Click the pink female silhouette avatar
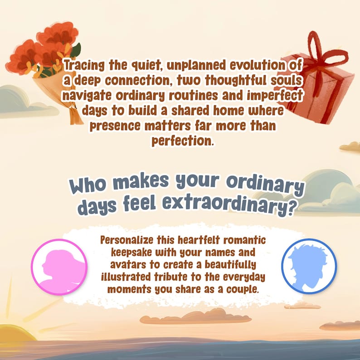[x=59, y=267]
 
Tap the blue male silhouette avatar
[x=309, y=266]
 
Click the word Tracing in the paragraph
[x=84, y=65]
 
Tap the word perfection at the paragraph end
[x=183, y=141]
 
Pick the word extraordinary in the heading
[x=229, y=206]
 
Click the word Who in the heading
[x=88, y=185]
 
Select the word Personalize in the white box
[x=127, y=240]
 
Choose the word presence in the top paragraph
[x=115, y=126]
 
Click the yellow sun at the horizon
[x=14, y=332]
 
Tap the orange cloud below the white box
[x=195, y=317]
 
